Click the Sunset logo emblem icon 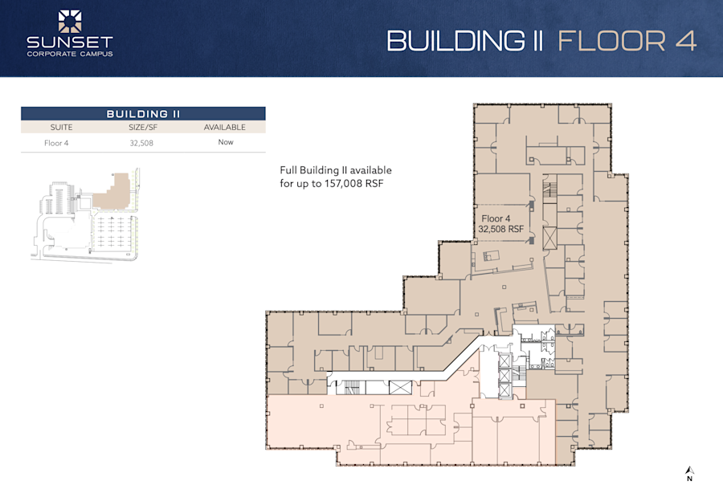coord(70,22)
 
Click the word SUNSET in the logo coord(70,43)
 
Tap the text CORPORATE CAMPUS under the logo coord(70,54)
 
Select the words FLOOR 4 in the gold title coord(627,41)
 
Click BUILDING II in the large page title coord(467,41)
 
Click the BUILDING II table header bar coord(143,114)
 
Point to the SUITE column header coord(62,127)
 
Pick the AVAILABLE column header coord(224,127)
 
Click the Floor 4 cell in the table coord(62,142)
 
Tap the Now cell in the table coord(225,142)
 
